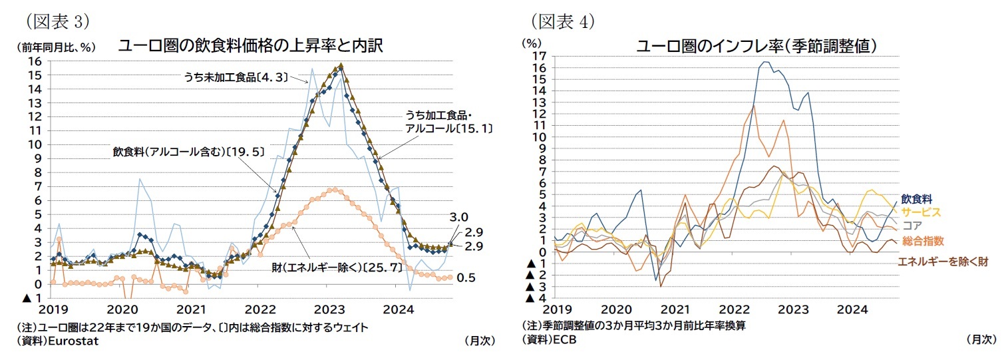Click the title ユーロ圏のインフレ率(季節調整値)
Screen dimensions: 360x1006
coord(755,46)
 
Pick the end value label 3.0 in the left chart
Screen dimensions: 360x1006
coord(460,218)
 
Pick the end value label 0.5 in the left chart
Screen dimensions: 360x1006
coord(466,277)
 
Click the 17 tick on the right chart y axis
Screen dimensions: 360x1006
coord(540,56)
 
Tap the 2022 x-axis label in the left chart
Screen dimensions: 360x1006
coord(261,309)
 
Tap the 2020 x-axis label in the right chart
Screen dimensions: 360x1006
coord(617,310)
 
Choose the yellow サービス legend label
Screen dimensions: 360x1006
coord(921,212)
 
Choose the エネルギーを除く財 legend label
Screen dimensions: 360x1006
coord(941,262)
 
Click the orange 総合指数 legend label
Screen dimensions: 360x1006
coord(922,241)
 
